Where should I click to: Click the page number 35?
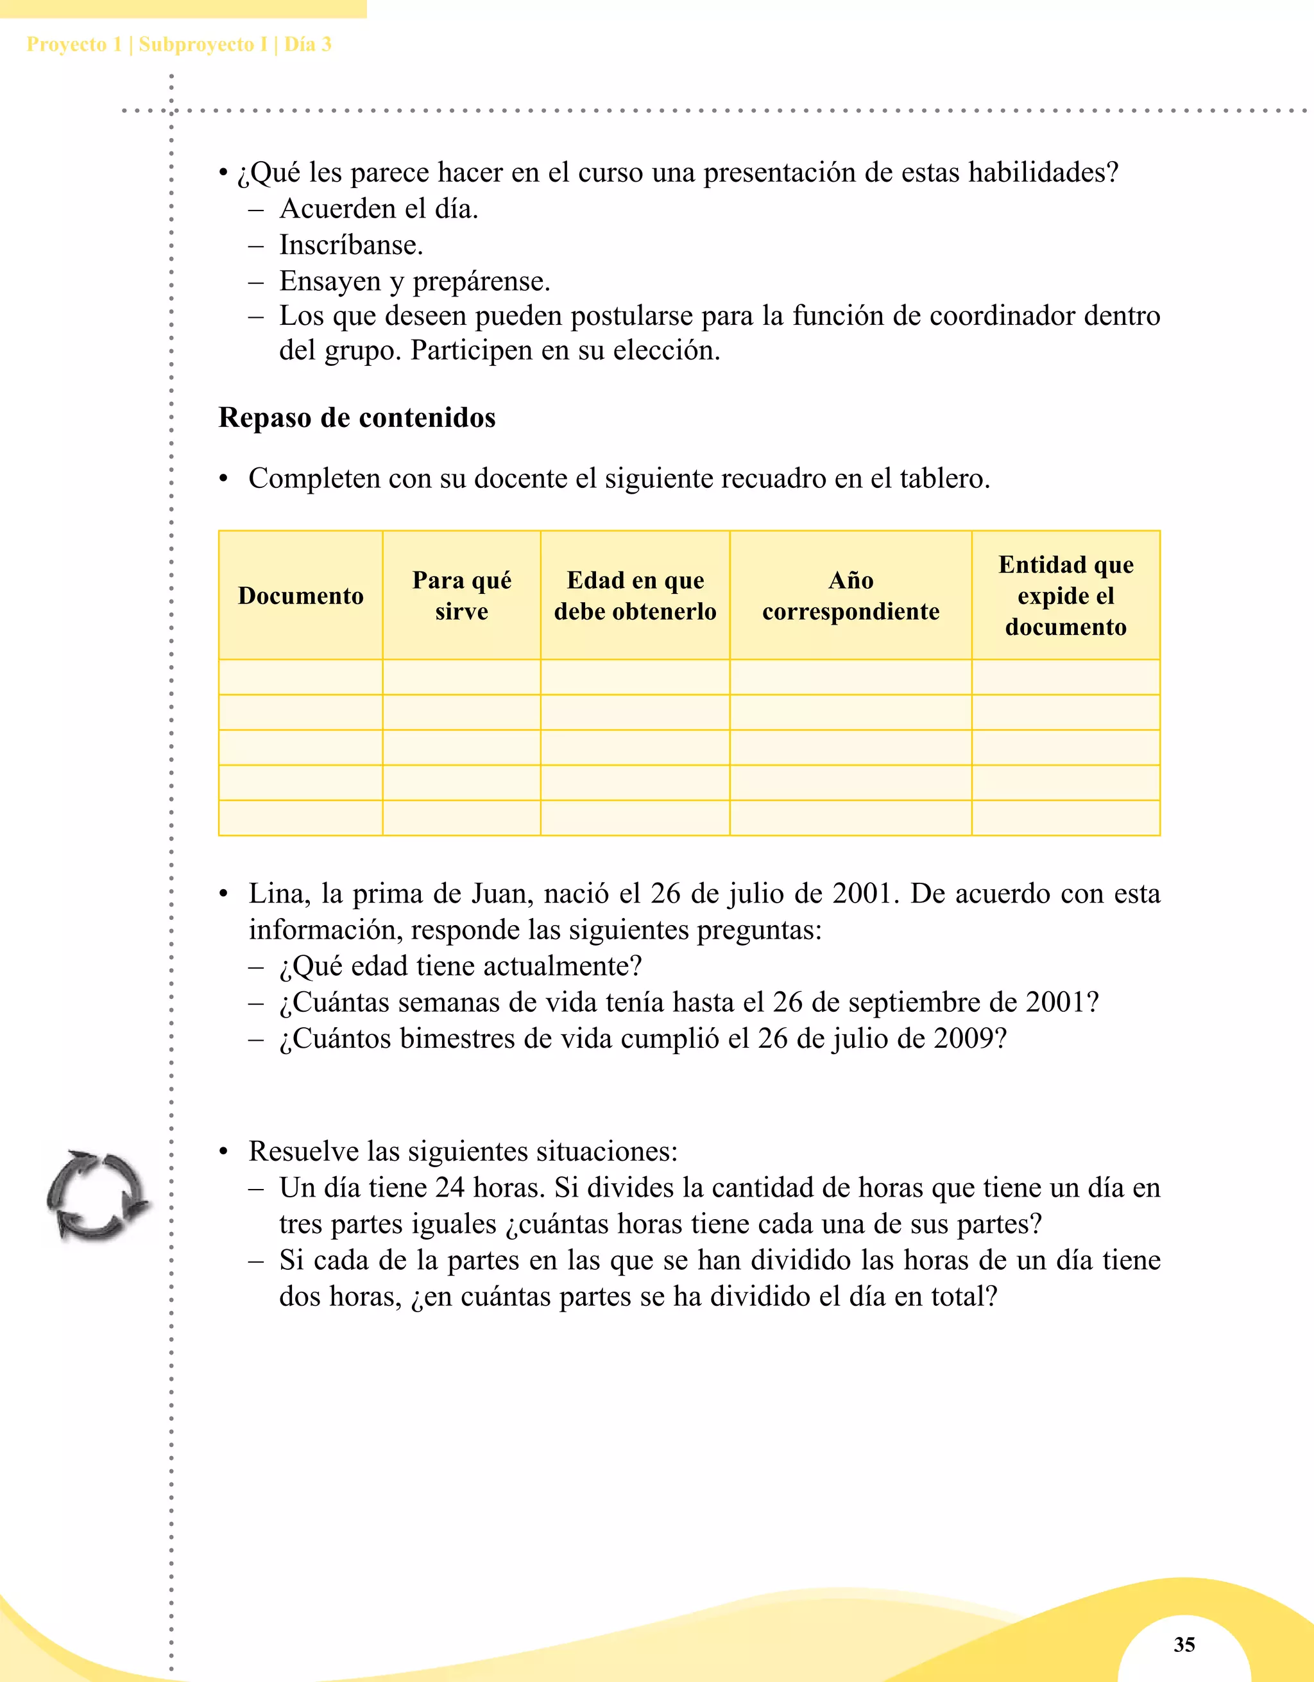[1184, 1644]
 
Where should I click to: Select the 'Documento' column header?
[300, 595]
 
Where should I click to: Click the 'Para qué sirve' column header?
[461, 595]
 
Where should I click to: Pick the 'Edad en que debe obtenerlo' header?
[635, 595]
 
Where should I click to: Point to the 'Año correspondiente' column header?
[851, 595]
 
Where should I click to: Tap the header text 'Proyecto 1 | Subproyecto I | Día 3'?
[178, 44]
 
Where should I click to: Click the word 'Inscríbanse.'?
[351, 245]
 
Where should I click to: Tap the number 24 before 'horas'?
[450, 1188]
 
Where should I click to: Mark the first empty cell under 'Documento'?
[300, 677]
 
